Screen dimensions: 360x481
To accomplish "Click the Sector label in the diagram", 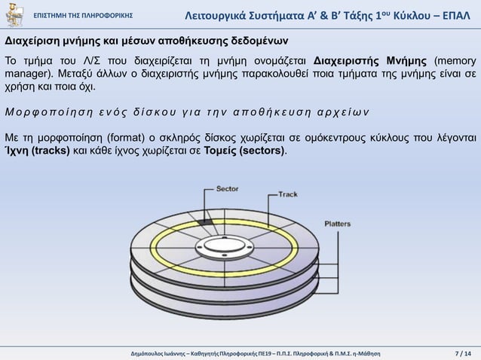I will (x=228, y=189).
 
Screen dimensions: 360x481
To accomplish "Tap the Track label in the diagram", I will (x=288, y=194).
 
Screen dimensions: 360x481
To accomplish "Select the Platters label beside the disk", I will (x=337, y=223).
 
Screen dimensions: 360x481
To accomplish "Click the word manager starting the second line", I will (x=26, y=75).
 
